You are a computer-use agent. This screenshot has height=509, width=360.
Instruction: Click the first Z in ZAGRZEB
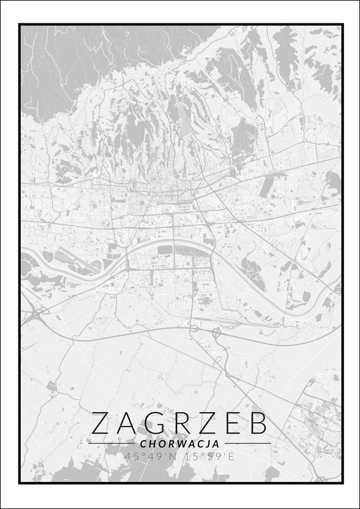click(100, 423)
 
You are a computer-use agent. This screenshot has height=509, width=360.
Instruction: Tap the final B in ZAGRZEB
click(258, 423)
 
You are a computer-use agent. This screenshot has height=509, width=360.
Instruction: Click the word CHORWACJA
click(179, 444)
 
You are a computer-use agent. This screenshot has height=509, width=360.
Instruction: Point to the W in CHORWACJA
click(179, 444)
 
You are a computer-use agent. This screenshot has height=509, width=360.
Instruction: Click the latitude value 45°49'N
click(147, 456)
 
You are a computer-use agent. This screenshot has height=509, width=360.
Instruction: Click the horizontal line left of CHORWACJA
click(111, 444)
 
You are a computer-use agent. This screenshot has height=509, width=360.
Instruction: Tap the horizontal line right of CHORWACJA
click(246, 444)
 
